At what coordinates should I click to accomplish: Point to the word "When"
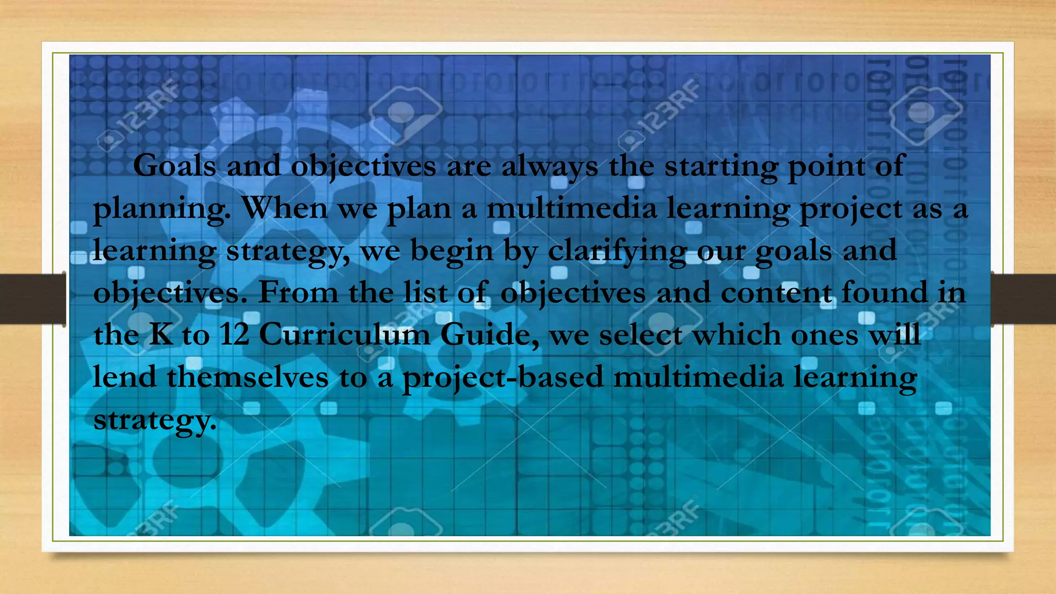point(284,208)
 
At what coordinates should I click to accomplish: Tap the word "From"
point(298,293)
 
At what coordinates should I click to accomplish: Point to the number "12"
point(235,335)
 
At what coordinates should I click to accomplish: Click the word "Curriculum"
point(344,335)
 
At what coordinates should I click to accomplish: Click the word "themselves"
point(247,377)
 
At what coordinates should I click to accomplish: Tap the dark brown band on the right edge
point(1024,299)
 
